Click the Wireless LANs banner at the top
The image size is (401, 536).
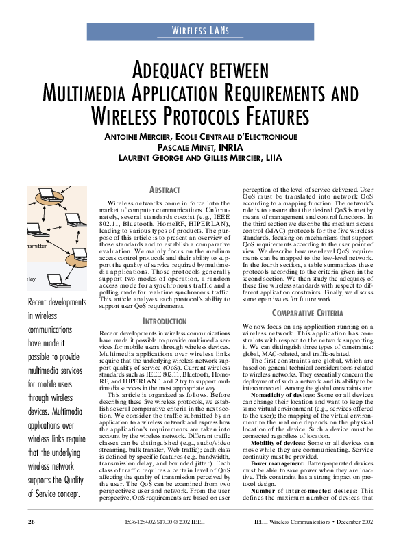pyautogui.click(x=199, y=31)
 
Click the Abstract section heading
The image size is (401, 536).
pyautogui.click(x=165, y=189)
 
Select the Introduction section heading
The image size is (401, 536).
pyautogui.click(x=165, y=320)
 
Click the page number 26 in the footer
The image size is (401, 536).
pyautogui.click(x=32, y=522)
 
